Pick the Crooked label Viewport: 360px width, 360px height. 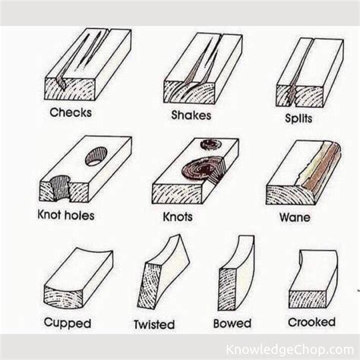(311, 321)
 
